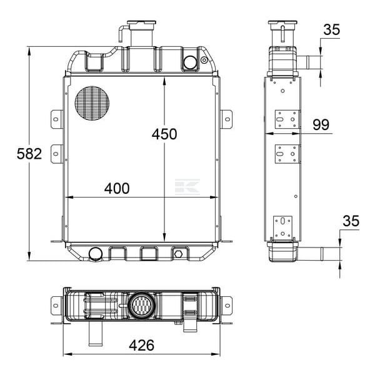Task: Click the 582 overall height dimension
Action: click(29, 154)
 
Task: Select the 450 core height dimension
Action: click(164, 134)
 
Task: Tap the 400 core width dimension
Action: click(117, 188)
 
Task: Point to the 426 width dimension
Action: click(142, 345)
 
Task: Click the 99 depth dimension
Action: click(321, 124)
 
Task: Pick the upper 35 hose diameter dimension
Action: click(332, 29)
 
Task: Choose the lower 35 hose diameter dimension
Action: click(351, 221)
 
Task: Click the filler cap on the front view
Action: click(141, 22)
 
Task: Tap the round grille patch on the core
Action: click(92, 103)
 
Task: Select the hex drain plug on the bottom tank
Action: click(178, 254)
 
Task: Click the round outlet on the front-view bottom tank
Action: click(96, 254)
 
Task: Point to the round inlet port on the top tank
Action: click(190, 62)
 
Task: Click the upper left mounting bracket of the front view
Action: click(57, 119)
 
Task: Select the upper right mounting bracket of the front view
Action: click(226, 119)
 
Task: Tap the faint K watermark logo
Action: click(187, 187)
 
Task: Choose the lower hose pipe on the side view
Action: click(311, 254)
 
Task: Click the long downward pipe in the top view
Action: click(96, 333)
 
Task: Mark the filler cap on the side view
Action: click(282, 22)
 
